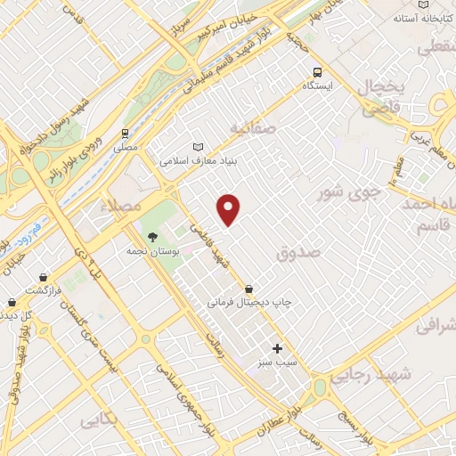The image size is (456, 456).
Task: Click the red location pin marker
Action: tap(229, 209)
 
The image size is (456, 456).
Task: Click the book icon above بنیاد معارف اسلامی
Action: tap(198, 147)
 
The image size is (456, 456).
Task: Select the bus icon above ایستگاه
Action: tap(316, 73)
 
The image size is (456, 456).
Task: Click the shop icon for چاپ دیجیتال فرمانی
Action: tap(247, 289)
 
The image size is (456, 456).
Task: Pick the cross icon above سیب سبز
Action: tap(277, 348)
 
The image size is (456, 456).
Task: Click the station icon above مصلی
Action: tap(126, 135)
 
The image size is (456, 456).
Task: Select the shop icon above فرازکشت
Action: tap(12, 278)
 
